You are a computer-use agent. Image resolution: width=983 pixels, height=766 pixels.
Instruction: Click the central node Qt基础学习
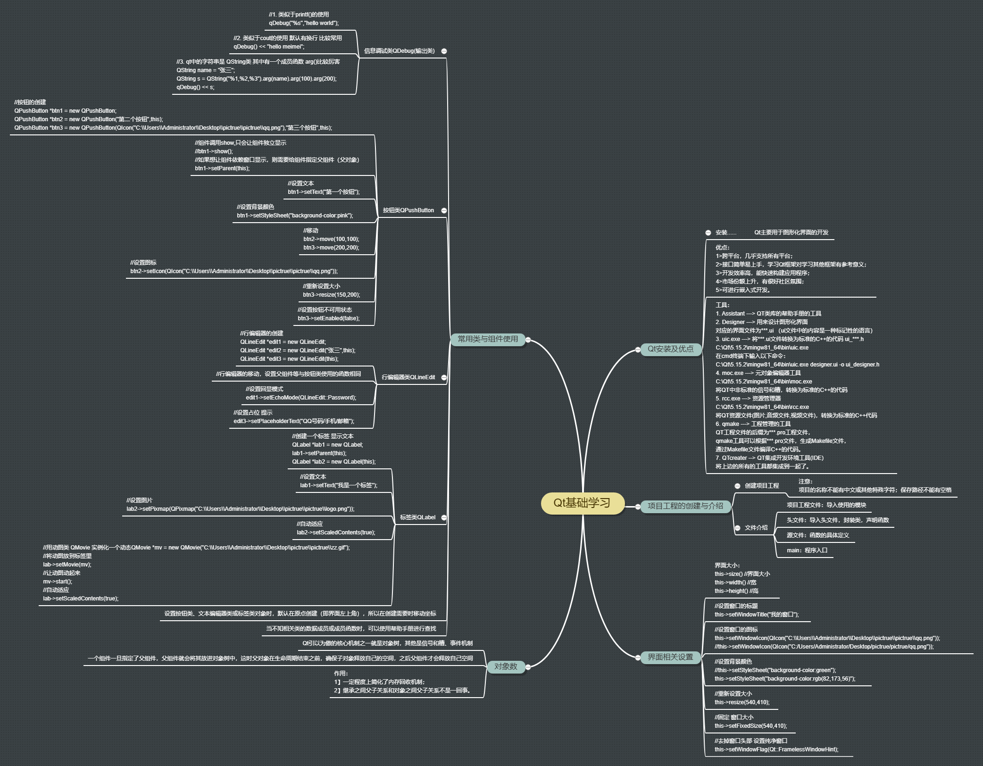582,503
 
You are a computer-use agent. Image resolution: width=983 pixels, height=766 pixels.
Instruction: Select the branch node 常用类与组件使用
488,339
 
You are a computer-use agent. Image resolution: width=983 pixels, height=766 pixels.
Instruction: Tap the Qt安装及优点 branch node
670,349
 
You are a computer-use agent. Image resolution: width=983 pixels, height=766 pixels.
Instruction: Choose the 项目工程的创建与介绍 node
685,506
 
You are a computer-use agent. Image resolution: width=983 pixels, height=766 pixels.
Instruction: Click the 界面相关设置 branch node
670,657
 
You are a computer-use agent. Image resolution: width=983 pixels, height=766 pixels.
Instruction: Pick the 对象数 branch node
506,666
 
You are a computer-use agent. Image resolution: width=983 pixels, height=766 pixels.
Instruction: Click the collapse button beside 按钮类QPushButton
444,210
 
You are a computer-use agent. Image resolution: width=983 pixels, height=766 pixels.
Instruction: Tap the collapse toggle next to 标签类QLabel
444,517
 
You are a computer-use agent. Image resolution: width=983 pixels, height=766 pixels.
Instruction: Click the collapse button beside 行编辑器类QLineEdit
444,377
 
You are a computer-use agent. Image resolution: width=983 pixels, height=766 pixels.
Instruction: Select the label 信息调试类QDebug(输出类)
399,51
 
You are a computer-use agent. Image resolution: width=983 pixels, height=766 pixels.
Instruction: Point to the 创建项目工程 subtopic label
761,486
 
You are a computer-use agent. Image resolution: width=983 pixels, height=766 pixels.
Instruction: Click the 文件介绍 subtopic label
756,528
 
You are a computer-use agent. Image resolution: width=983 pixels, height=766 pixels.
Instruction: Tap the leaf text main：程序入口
807,550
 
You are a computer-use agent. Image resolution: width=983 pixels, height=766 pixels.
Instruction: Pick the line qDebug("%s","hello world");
304,23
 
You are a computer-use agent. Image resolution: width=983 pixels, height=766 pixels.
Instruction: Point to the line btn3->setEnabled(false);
328,318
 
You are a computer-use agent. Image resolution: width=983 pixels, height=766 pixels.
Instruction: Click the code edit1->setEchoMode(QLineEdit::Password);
301,398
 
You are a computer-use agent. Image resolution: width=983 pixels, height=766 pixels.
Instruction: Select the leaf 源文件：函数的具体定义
817,535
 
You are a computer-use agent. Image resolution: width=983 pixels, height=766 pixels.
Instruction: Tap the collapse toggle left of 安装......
708,233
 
